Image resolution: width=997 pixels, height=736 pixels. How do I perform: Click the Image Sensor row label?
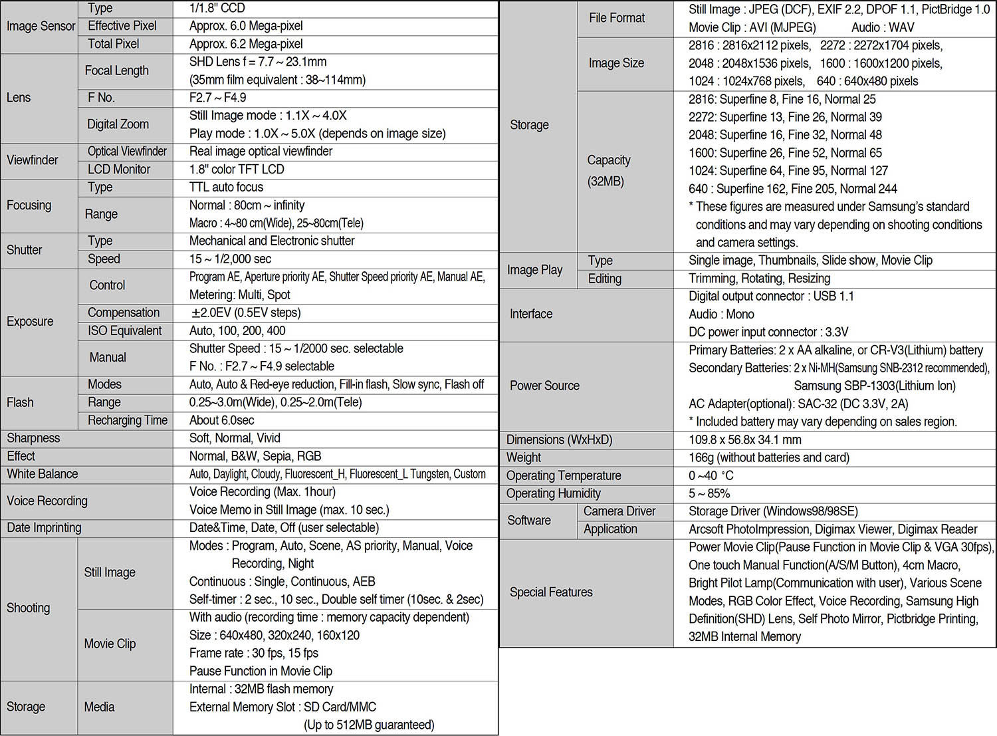click(41, 26)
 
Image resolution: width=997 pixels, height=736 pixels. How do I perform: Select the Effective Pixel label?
click(122, 26)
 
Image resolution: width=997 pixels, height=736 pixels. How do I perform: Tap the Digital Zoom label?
click(118, 124)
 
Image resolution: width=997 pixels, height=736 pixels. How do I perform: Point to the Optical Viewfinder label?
click(127, 152)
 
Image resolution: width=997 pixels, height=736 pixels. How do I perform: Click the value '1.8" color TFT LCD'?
click(237, 170)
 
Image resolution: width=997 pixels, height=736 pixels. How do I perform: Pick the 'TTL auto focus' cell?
click(226, 187)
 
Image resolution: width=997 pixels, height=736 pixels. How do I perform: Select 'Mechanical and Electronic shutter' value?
click(272, 241)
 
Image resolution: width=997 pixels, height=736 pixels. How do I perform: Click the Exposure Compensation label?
click(124, 312)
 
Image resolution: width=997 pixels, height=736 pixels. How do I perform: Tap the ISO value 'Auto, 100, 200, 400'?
click(237, 330)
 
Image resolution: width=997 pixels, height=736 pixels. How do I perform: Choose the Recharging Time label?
click(128, 420)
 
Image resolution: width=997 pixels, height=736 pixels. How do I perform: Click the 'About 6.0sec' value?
click(221, 420)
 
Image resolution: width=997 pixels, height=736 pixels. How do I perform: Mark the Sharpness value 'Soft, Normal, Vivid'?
click(235, 438)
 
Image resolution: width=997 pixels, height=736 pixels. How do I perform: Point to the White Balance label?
click(43, 474)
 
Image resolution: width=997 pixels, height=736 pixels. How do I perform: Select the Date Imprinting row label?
click(44, 528)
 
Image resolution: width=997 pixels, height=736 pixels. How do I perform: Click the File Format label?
click(617, 18)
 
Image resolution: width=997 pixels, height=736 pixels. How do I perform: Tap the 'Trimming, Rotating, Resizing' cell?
click(759, 279)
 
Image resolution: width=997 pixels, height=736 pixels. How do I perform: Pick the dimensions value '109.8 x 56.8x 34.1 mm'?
click(745, 439)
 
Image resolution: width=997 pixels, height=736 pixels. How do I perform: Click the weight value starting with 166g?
click(769, 457)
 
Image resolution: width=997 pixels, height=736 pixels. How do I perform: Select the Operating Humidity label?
click(553, 493)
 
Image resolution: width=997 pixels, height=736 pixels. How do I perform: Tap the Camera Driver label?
click(619, 511)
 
